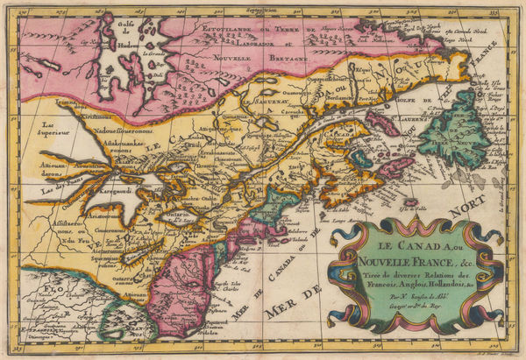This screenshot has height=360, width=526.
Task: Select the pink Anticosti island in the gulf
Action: tap(382, 124)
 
